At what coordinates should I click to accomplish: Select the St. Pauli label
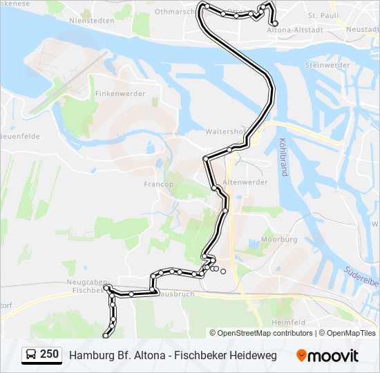pyautogui.click(x=322, y=15)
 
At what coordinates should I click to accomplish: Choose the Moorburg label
pyautogui.click(x=278, y=239)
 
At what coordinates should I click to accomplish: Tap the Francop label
pyautogui.click(x=158, y=184)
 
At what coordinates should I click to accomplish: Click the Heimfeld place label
pyautogui.click(x=288, y=322)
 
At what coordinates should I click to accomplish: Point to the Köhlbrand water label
pyautogui.click(x=283, y=157)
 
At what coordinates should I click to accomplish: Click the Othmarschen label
pyautogui.click(x=176, y=12)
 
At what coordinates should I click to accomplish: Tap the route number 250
pyautogui.click(x=49, y=354)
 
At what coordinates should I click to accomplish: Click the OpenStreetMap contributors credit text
pyautogui.click(x=265, y=333)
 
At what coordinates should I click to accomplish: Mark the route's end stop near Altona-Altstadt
pyautogui.click(x=276, y=23)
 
